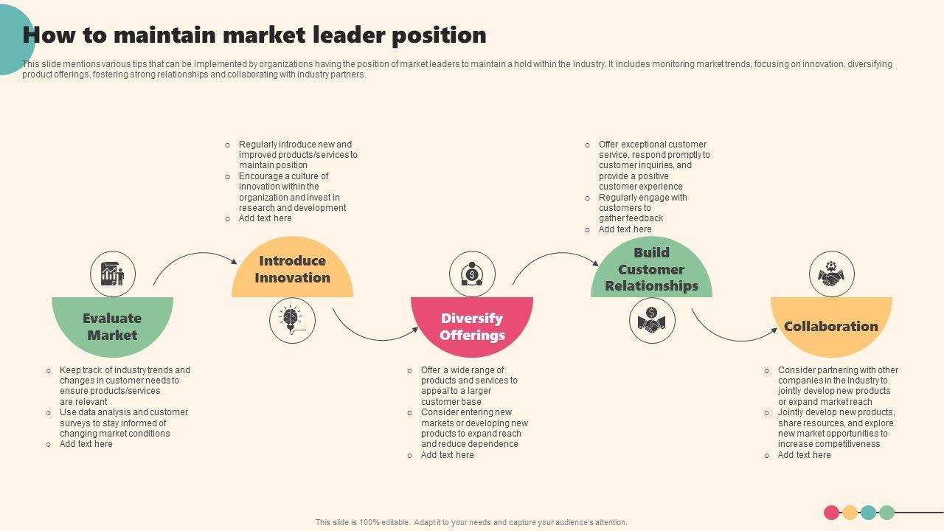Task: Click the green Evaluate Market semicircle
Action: pyautogui.click(x=112, y=324)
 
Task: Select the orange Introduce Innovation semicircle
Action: pyautogui.click(x=292, y=270)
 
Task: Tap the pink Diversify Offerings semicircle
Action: pyautogui.click(x=472, y=324)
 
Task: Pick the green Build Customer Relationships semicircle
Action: pyautogui.click(x=651, y=270)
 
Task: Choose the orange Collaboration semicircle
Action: pyautogui.click(x=831, y=324)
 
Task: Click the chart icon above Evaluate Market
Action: pyautogui.click(x=113, y=274)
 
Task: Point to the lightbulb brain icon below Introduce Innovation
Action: pyautogui.click(x=292, y=320)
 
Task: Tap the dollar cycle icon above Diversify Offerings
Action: pyautogui.click(x=472, y=274)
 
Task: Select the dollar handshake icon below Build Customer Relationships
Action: pyautogui.click(x=652, y=320)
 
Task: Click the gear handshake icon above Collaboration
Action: pyautogui.click(x=832, y=274)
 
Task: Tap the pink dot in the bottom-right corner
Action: pyautogui.click(x=831, y=513)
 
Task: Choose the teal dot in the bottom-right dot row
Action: pyautogui.click(x=868, y=513)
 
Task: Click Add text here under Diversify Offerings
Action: pyautogui.click(x=448, y=455)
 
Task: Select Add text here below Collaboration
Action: pyautogui.click(x=804, y=455)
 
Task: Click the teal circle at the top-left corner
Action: pyautogui.click(x=10, y=41)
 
